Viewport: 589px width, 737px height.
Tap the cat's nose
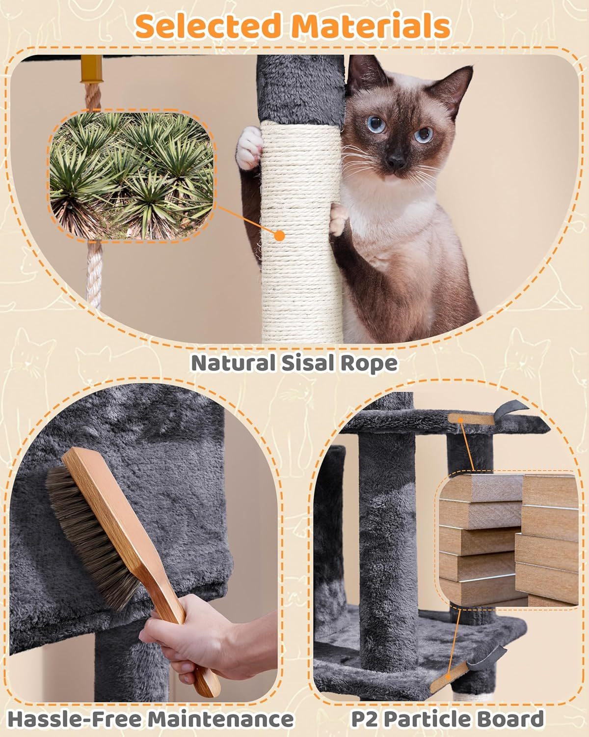(x=396, y=159)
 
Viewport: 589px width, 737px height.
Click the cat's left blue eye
(x=376, y=124)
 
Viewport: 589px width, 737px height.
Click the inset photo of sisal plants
(x=131, y=175)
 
